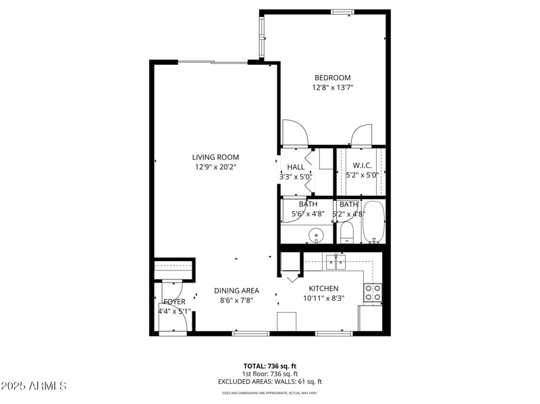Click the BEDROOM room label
332,78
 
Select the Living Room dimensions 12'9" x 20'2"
216,167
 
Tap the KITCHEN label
324,289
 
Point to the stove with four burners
373,292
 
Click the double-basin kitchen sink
335,261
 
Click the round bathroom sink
315,235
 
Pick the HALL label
296,167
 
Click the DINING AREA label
236,291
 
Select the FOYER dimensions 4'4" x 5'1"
174,312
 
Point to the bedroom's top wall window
342,11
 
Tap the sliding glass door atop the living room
213,63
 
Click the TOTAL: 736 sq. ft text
270,366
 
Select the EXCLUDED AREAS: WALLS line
270,382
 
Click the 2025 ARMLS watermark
34,386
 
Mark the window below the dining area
250,333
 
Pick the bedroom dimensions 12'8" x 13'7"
332,88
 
